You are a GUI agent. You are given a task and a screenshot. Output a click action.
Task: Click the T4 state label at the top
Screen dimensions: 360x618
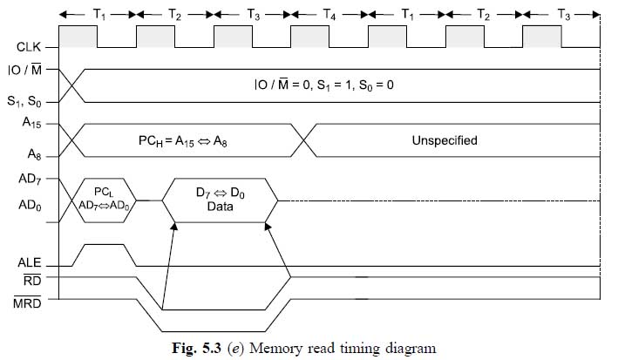(x=329, y=15)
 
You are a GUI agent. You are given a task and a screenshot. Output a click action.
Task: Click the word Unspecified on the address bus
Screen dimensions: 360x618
(x=445, y=139)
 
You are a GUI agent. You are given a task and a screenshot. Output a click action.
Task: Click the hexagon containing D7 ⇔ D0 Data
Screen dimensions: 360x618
(x=221, y=200)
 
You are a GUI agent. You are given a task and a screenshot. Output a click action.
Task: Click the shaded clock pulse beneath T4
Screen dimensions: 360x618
(x=309, y=37)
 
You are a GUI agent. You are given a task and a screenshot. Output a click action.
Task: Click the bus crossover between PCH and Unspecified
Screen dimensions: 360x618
(x=303, y=139)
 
